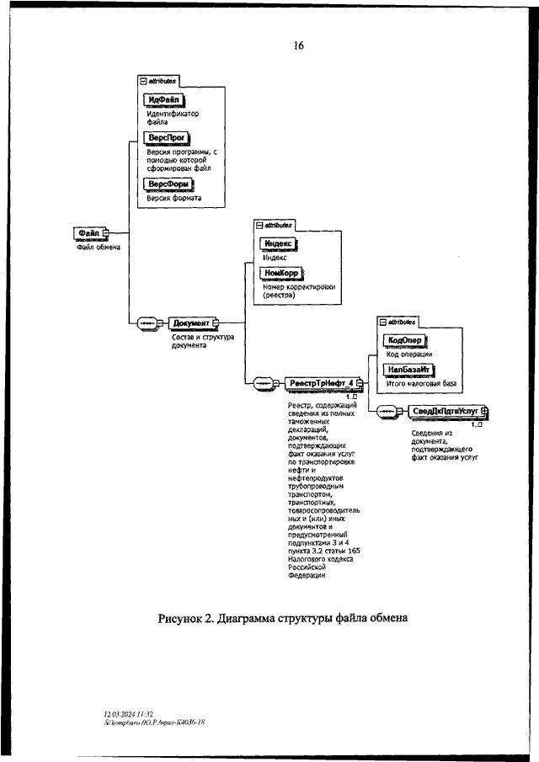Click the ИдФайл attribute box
click(167, 100)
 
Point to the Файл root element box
click(90, 233)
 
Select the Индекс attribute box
click(280, 242)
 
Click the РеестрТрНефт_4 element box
click(321, 384)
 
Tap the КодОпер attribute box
click(404, 340)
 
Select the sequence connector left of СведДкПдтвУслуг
click(387, 412)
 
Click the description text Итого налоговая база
click(421, 384)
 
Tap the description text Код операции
click(409, 354)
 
